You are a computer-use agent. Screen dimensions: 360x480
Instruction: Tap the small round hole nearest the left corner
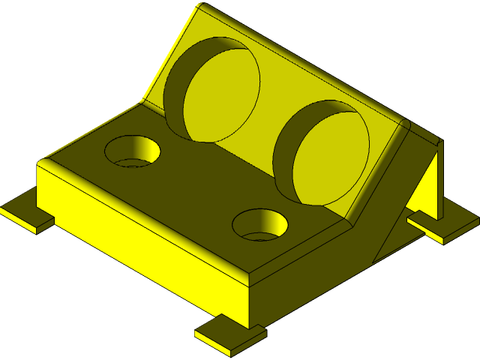(x=133, y=151)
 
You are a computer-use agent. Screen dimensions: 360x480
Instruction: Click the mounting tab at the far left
(x=25, y=215)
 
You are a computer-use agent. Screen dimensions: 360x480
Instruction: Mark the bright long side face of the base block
(x=142, y=240)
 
